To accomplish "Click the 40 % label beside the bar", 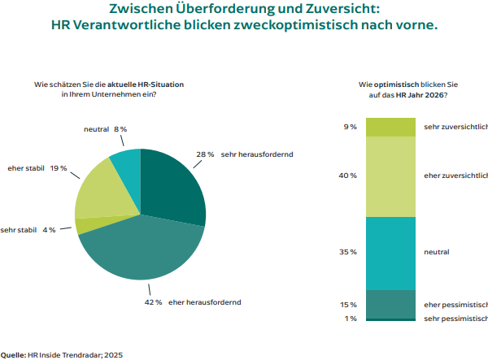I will (348, 176).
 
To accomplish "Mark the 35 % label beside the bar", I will (348, 253).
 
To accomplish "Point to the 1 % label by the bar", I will (351, 319).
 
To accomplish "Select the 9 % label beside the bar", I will (351, 127).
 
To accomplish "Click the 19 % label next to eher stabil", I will (59, 168).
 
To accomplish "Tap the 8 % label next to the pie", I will (120, 129).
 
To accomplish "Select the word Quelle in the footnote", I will (13, 354).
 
